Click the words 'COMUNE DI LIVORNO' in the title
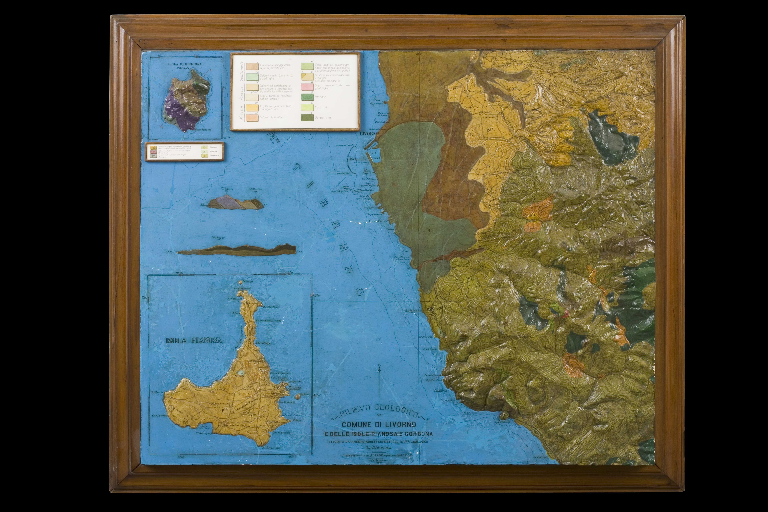pyautogui.click(x=379, y=424)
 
